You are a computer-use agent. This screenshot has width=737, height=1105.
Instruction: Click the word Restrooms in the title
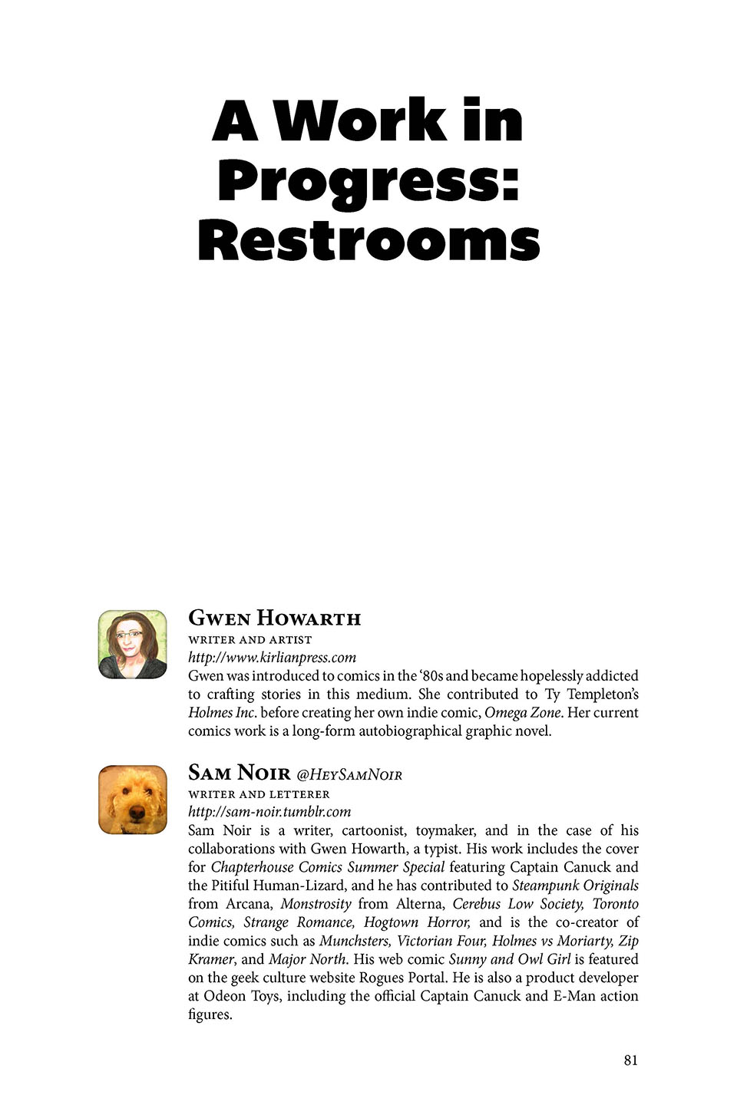[368, 241]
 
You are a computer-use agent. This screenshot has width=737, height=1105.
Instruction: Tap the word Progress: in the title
[368, 181]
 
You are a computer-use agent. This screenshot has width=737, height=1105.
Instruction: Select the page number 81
[630, 1060]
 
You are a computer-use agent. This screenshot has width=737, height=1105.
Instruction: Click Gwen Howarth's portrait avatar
[133, 645]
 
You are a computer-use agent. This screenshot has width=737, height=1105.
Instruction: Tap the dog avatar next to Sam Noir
[133, 800]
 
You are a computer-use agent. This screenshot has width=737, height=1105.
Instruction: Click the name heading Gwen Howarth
[274, 618]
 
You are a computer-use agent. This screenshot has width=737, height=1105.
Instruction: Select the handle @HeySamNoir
[349, 774]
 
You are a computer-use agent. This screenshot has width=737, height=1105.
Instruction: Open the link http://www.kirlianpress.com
[272, 658]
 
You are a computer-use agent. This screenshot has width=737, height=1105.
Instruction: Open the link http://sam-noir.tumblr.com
[269, 812]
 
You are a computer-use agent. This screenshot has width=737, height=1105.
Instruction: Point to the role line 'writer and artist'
[250, 640]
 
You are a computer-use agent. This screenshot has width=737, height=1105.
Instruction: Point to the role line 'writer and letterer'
[259, 794]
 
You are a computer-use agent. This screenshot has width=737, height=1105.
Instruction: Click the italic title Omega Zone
[523, 713]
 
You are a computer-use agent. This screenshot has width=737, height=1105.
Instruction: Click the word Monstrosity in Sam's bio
[316, 904]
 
